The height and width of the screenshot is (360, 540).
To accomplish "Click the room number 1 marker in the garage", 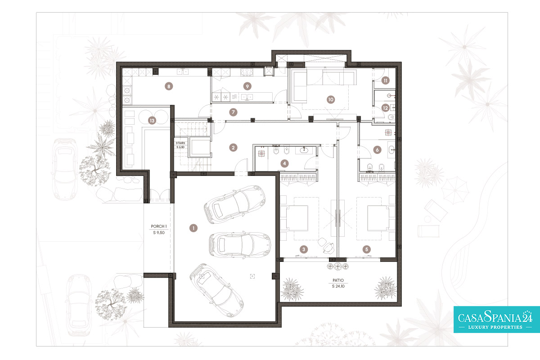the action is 193,228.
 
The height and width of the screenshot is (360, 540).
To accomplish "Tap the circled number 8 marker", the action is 169,86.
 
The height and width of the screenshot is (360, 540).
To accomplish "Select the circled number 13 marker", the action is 152,120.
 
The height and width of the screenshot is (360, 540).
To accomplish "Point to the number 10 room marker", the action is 331,99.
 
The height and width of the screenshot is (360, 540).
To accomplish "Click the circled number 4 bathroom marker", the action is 284,163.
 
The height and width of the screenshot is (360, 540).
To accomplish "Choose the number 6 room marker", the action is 377,150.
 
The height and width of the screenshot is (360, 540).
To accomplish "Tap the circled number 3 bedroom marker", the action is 304,249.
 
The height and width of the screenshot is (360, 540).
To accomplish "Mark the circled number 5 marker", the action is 367,249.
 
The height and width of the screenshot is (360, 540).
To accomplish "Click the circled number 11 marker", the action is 386,80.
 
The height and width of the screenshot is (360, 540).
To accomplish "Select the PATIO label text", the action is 338,280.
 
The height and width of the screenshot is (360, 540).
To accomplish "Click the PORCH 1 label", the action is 158,226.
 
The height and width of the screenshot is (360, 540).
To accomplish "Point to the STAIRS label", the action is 180,143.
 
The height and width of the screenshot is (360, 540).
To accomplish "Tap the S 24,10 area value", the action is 338,286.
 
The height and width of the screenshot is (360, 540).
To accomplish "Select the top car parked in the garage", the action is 234,204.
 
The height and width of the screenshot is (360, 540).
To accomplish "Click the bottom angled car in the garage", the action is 216,290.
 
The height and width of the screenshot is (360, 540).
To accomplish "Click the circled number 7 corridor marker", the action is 233,112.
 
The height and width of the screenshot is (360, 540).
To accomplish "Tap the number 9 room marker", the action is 247,86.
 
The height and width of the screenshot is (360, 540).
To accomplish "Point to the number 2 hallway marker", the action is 233,148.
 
